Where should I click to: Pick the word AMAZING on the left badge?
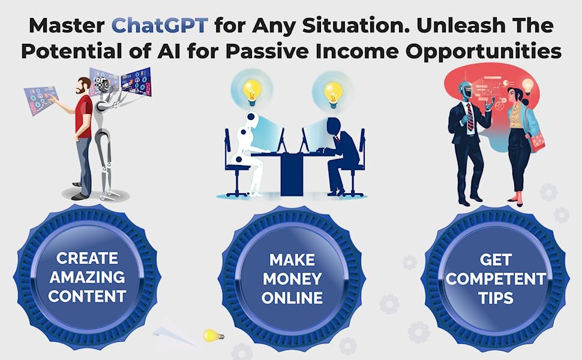88,277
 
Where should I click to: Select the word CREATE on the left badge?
88,258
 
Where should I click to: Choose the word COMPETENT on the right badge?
496,279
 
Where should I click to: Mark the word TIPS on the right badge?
496,298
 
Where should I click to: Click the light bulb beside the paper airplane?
211,335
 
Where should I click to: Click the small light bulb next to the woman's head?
528,86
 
